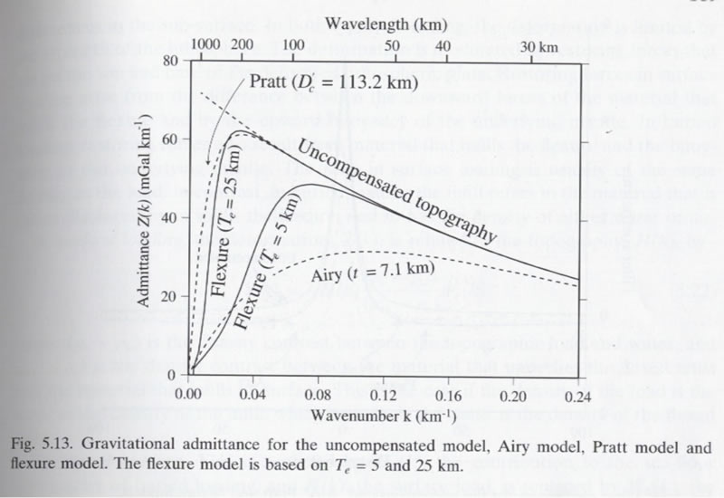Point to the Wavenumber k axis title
376,417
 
